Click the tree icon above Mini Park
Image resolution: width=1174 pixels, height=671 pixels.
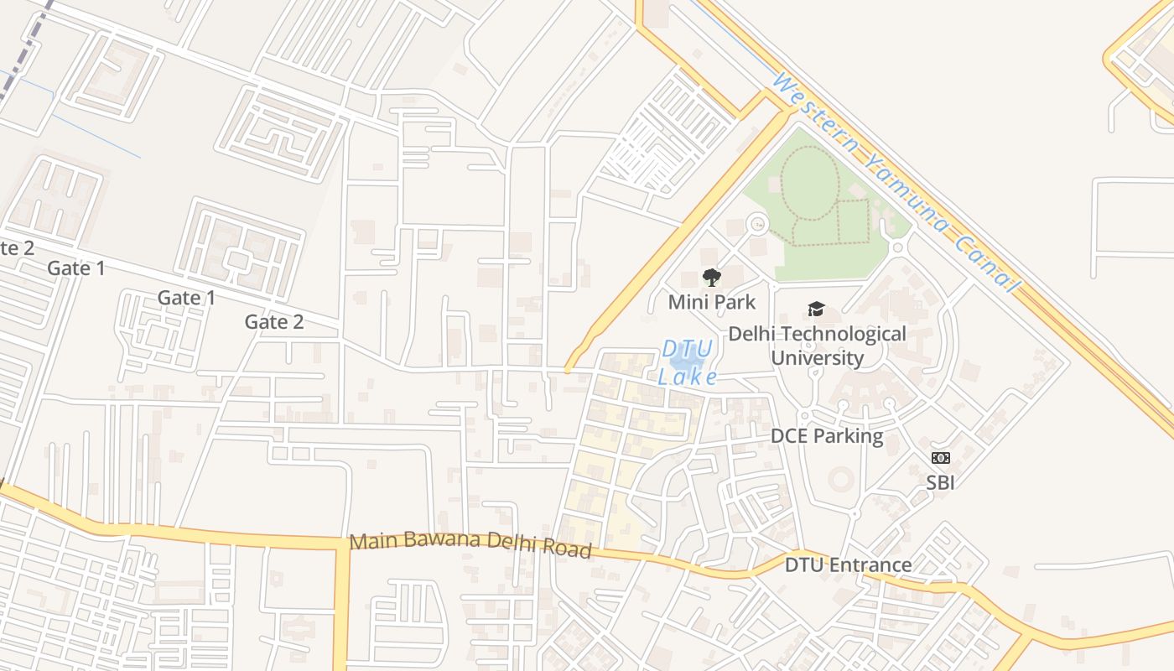point(711,278)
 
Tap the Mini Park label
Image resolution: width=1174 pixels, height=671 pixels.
point(711,302)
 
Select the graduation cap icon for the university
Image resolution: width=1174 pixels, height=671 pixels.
point(816,309)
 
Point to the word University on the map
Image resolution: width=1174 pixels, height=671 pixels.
point(817,358)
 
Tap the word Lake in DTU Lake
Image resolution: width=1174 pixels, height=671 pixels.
point(688,377)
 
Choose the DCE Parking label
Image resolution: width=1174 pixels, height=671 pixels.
point(826,436)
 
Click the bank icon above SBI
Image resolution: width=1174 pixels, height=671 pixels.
point(940,458)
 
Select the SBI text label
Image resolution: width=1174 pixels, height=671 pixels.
point(940,482)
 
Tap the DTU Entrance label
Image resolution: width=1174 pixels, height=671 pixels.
point(848,564)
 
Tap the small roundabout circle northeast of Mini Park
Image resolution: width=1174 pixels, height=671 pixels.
point(757,223)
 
